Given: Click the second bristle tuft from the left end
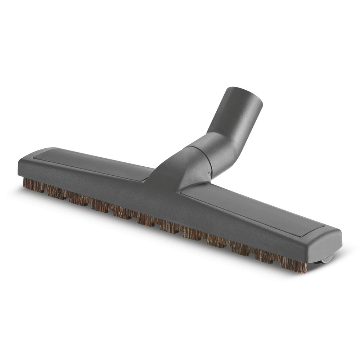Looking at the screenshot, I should click(x=54, y=192).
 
